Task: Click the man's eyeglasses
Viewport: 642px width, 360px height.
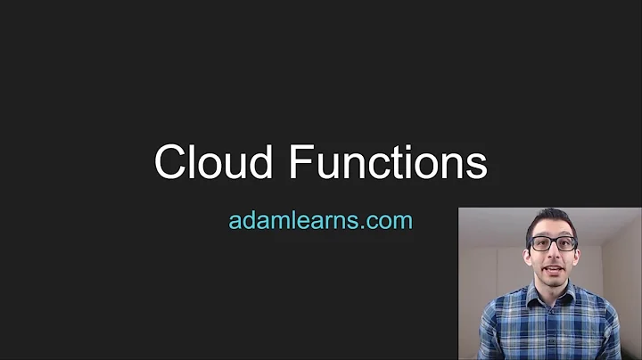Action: [551, 242]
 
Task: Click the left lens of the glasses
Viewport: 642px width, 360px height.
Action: [540, 242]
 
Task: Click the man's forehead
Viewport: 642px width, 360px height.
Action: [550, 229]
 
